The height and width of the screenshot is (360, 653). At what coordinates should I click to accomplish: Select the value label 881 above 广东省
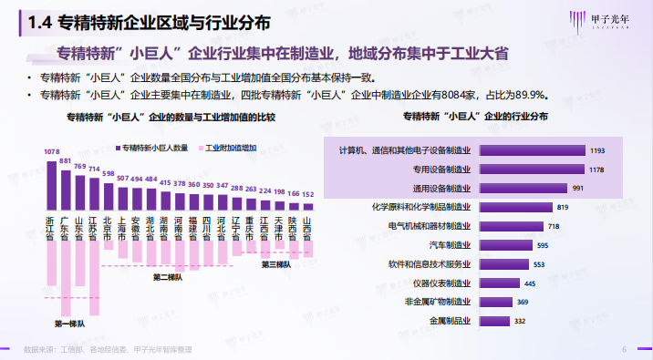click(x=65, y=161)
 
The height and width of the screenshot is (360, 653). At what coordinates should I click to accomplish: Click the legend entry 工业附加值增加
click(x=232, y=146)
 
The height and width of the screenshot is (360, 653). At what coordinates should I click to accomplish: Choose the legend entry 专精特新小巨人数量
click(x=156, y=146)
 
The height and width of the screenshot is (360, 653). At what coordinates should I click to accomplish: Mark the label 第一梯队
click(x=68, y=324)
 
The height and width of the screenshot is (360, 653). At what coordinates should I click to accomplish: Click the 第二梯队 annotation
click(x=168, y=277)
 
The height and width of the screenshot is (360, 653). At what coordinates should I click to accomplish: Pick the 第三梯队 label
click(x=276, y=264)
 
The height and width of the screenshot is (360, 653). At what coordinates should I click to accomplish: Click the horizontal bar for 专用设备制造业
click(x=530, y=169)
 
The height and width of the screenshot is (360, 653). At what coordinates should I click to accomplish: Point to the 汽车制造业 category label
click(x=450, y=244)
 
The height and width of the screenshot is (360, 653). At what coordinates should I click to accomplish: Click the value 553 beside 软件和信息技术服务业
click(x=538, y=264)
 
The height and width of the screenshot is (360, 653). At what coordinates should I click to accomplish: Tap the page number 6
click(x=624, y=349)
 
